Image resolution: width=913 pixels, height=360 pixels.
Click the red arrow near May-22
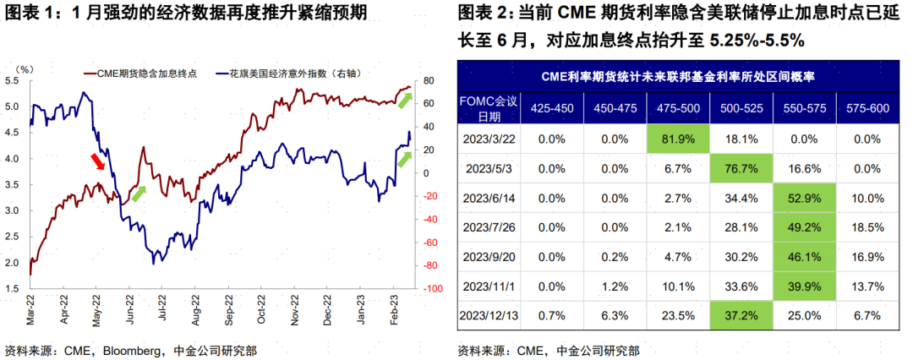[x=99, y=161]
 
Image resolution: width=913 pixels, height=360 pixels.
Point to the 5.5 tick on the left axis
[x=13, y=81]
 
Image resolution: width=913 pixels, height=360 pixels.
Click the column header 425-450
[x=547, y=107]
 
